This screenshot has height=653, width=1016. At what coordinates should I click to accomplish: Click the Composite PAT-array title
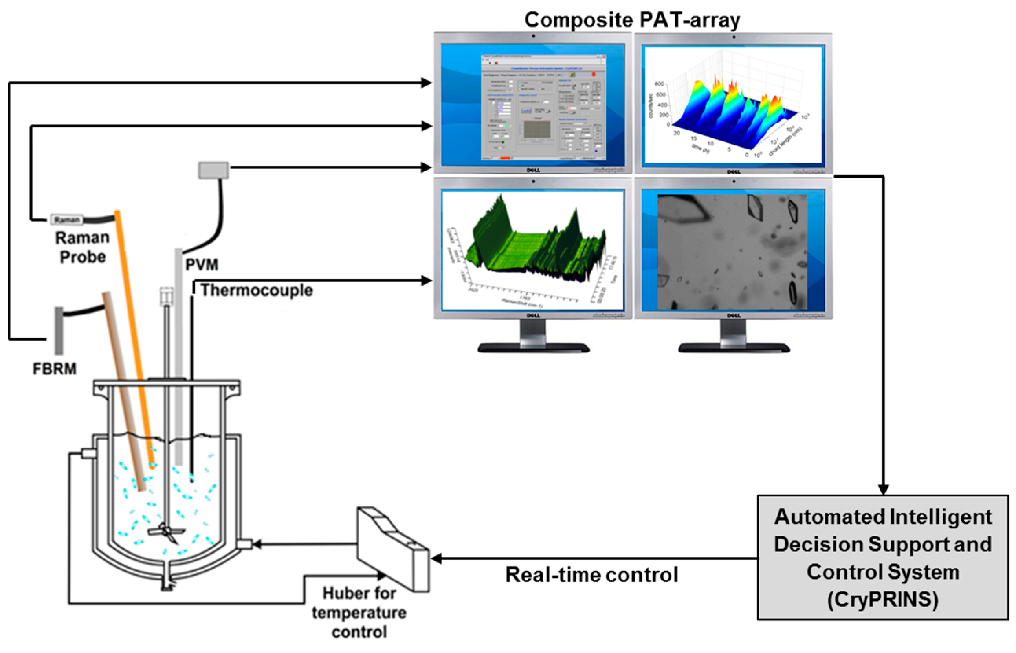point(632,20)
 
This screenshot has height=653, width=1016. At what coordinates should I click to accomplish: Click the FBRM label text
point(55,369)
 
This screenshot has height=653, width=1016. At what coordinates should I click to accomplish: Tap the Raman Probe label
point(82,248)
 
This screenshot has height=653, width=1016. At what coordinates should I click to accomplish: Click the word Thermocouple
point(257,290)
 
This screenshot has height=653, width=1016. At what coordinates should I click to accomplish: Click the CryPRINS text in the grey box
point(882,600)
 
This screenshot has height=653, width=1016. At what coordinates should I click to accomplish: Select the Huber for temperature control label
point(359,613)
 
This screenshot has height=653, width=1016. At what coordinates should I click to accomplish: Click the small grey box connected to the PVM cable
point(214,171)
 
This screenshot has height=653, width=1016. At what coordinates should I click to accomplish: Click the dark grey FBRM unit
point(59,331)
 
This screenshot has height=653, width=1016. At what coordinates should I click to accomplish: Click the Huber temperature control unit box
point(392,549)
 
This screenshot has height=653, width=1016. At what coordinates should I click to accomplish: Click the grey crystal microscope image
point(732,252)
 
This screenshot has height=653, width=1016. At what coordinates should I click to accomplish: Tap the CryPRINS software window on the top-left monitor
point(543,107)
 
